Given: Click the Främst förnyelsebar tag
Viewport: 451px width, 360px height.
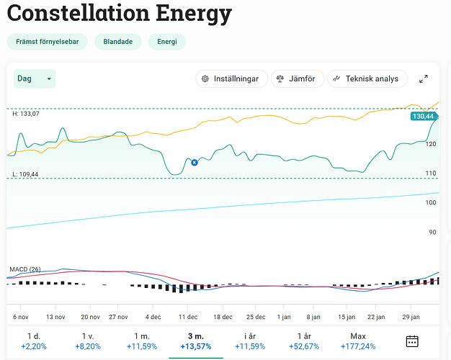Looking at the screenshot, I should [x=47, y=42].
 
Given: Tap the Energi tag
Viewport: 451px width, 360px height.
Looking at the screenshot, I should [x=167, y=42].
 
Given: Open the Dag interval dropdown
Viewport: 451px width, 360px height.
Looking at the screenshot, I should [x=35, y=78].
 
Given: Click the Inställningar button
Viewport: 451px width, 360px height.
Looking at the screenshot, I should [x=231, y=78].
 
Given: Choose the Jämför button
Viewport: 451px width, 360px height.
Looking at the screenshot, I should [x=296, y=78].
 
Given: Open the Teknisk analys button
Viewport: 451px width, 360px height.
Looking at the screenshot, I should [x=367, y=78].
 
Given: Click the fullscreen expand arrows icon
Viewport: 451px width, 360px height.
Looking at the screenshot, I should [x=424, y=78].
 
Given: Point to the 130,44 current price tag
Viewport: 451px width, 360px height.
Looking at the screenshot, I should [x=422, y=116].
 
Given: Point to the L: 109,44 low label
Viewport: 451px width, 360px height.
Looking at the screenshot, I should [x=25, y=174].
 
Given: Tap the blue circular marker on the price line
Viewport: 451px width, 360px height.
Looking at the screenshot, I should [x=194, y=163].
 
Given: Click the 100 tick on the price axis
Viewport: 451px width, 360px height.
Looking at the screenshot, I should [x=432, y=203].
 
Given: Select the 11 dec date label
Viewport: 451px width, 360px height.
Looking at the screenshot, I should [x=188, y=317].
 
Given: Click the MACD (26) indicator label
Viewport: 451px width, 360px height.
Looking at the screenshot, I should [x=25, y=269].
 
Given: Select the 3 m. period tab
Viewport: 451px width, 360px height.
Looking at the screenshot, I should [x=196, y=341].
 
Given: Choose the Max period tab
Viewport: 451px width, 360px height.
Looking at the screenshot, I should [x=358, y=341].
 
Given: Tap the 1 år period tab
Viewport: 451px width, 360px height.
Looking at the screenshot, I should [x=304, y=341].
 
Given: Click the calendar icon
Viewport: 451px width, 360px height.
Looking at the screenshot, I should [x=412, y=341].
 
